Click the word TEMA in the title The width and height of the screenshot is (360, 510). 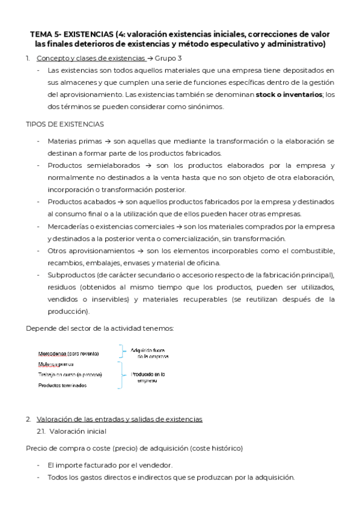41,34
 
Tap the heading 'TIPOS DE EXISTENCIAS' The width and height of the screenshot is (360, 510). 64,124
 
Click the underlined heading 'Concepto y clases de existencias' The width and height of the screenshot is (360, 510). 91,58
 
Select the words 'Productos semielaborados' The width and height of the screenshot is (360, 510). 90,165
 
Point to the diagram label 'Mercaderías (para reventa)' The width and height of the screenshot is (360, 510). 69,353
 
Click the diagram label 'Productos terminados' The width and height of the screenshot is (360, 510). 63,385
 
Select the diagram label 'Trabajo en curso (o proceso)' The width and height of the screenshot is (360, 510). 70,374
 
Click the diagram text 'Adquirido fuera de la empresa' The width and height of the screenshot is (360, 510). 151,353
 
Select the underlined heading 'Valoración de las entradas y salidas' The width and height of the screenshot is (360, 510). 119,419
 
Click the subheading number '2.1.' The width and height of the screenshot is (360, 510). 41,431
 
